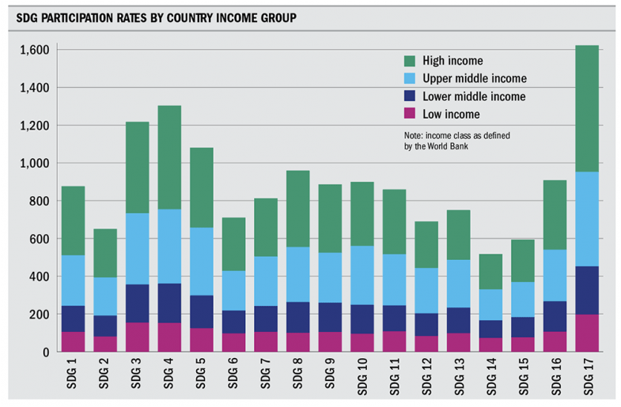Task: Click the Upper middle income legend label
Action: (x=475, y=79)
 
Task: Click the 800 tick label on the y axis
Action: (x=41, y=201)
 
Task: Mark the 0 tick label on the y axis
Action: (x=49, y=352)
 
